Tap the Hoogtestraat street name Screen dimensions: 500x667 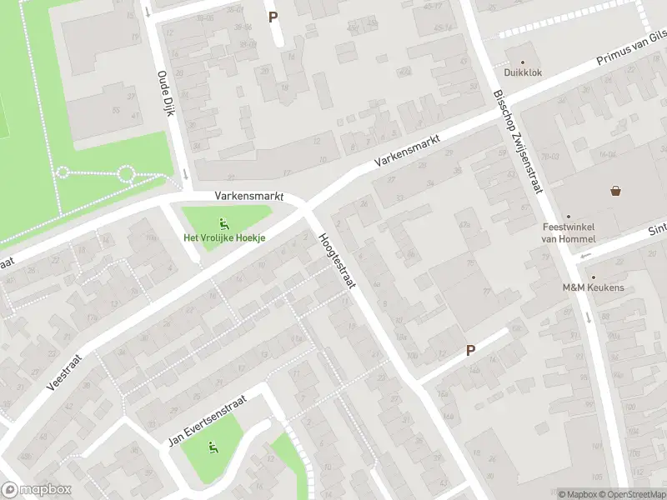click(337, 261)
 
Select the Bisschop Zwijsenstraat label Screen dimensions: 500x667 click(517, 142)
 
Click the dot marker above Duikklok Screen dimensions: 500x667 click(524, 62)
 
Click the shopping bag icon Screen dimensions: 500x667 click(616, 191)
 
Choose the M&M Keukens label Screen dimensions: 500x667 click(594, 288)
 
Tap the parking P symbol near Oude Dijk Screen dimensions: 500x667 click(272, 17)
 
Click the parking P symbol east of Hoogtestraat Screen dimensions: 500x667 click(470, 351)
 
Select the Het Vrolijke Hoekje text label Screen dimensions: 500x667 click(224, 237)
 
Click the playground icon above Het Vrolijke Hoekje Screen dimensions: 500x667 click(223, 222)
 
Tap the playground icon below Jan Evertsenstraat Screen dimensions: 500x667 click(213, 448)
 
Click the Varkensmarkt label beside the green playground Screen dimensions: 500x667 click(249, 196)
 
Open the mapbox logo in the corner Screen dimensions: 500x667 click(37, 490)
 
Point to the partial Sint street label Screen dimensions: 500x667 click(658, 227)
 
